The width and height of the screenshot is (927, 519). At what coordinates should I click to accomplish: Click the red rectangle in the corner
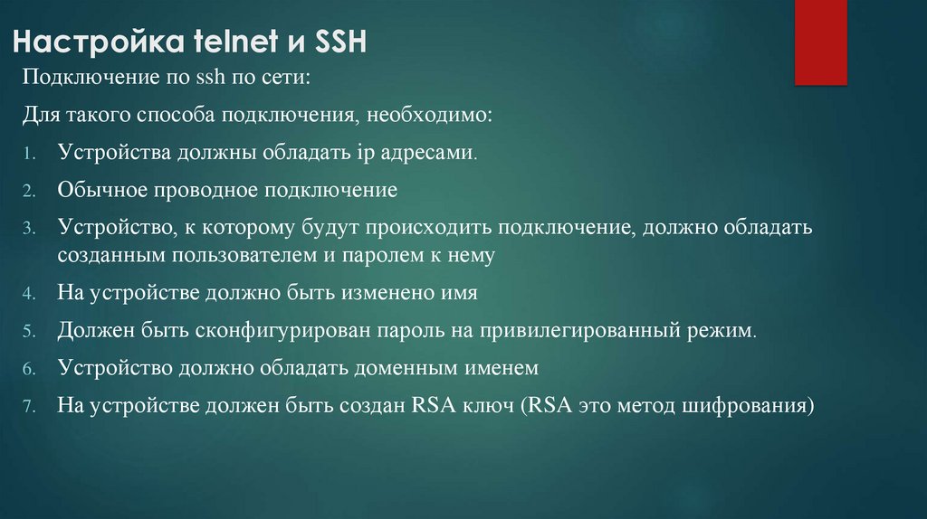(x=821, y=42)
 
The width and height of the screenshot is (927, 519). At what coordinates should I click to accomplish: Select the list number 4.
(x=29, y=295)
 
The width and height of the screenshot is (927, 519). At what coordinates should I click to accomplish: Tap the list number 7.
(x=29, y=407)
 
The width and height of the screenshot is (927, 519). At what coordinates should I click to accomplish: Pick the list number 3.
(x=29, y=229)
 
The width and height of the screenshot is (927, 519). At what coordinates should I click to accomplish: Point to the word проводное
(x=196, y=190)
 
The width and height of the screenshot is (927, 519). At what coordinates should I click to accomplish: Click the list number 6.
(x=29, y=370)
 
